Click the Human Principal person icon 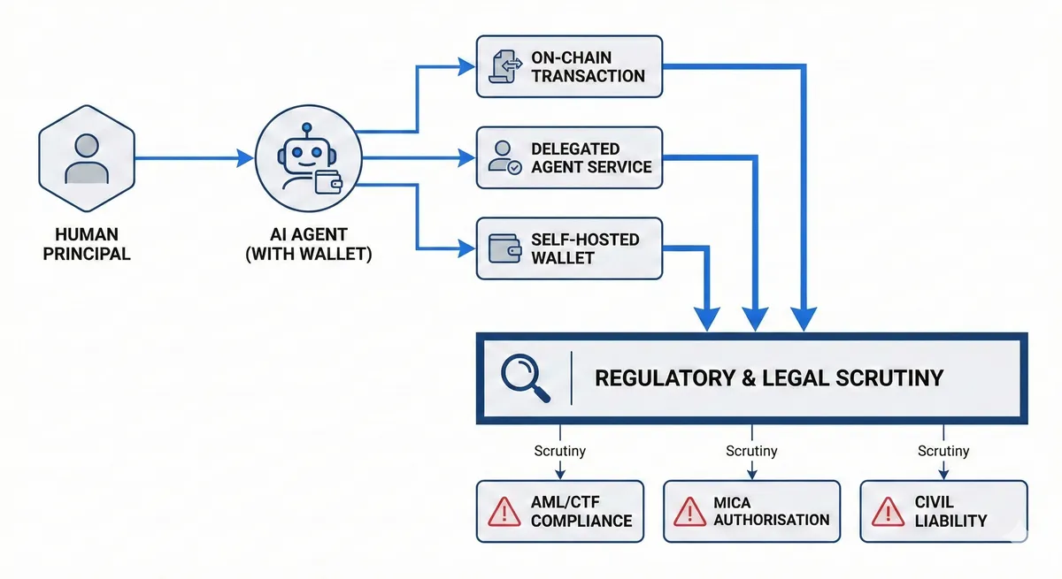click(x=87, y=158)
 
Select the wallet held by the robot click(x=328, y=182)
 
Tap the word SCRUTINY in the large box click(x=889, y=378)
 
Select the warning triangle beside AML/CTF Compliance click(x=504, y=512)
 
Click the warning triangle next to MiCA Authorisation click(x=689, y=512)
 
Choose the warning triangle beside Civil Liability click(x=888, y=512)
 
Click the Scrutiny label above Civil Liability click(x=943, y=451)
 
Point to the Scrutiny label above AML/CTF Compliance click(x=560, y=451)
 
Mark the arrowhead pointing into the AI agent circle click(x=244, y=158)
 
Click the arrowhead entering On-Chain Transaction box click(x=466, y=67)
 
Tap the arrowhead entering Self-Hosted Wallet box click(x=466, y=248)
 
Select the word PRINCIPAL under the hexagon click(x=87, y=255)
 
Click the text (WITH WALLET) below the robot click(x=309, y=255)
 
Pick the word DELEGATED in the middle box click(x=575, y=149)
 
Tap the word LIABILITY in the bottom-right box click(x=950, y=522)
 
